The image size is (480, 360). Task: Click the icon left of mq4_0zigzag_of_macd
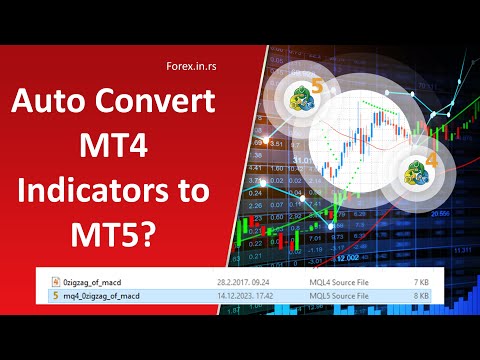click(56, 296)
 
